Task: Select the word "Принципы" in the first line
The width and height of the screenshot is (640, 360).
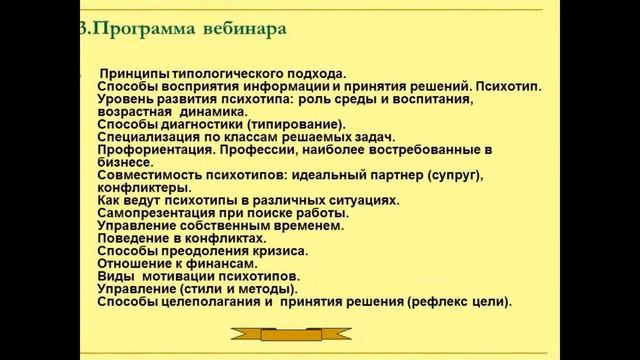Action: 133,74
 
